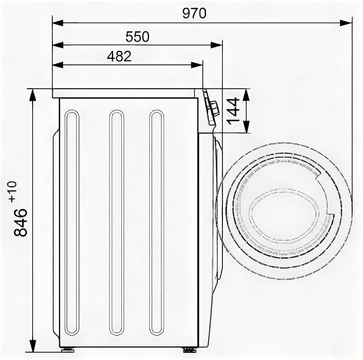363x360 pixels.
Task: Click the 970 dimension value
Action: (194, 13)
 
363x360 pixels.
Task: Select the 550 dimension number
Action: (137, 37)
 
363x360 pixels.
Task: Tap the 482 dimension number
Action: (119, 56)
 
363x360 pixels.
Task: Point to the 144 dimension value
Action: (233, 111)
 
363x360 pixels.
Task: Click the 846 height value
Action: (20, 222)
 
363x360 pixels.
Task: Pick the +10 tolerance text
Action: (13, 191)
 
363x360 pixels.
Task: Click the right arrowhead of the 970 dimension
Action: (346, 23)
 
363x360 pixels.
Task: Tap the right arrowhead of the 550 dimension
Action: (216, 45)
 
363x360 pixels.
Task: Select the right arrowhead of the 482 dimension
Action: (197, 65)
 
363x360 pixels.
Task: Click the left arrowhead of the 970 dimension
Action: (58, 23)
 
